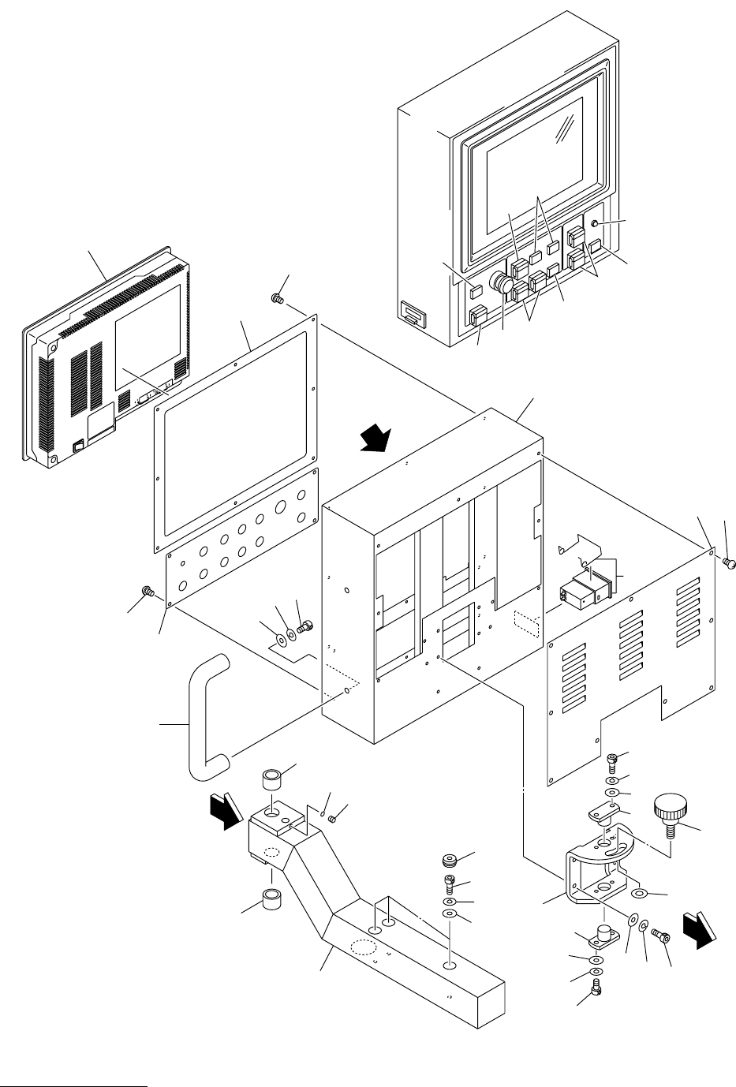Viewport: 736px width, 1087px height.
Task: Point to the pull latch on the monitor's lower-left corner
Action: (412, 316)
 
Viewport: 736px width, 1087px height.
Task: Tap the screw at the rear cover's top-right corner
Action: (730, 562)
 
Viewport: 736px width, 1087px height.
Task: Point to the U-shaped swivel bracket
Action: (596, 864)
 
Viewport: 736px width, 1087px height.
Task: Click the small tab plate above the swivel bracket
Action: (603, 812)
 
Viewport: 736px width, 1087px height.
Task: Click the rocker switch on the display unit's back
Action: (78, 446)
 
